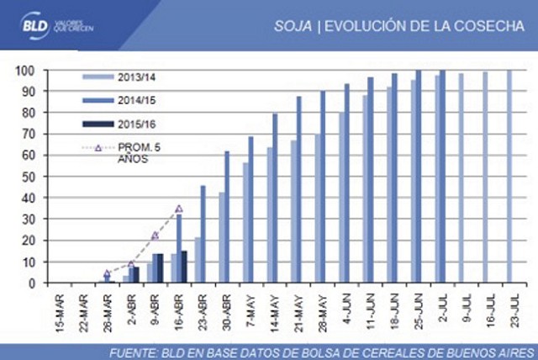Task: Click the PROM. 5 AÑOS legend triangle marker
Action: (x=98, y=148)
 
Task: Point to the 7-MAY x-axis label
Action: (x=249, y=316)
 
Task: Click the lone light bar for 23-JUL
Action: (x=508, y=177)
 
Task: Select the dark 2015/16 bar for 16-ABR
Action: (x=184, y=267)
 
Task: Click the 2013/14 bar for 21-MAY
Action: (x=293, y=212)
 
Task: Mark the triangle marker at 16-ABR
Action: (x=178, y=209)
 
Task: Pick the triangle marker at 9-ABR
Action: (x=155, y=236)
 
